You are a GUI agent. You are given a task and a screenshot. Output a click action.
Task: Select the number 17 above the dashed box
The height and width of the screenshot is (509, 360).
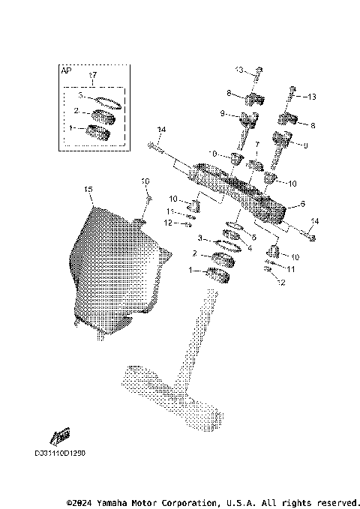[93, 76]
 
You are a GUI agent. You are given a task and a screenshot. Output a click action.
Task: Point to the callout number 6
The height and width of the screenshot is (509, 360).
[302, 203]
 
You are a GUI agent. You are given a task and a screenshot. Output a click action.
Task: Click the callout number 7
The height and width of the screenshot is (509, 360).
[256, 142]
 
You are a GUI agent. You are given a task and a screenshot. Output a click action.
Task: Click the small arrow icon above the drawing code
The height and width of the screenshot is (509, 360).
[60, 437]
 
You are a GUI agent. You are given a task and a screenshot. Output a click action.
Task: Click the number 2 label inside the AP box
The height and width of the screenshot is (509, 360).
[76, 111]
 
